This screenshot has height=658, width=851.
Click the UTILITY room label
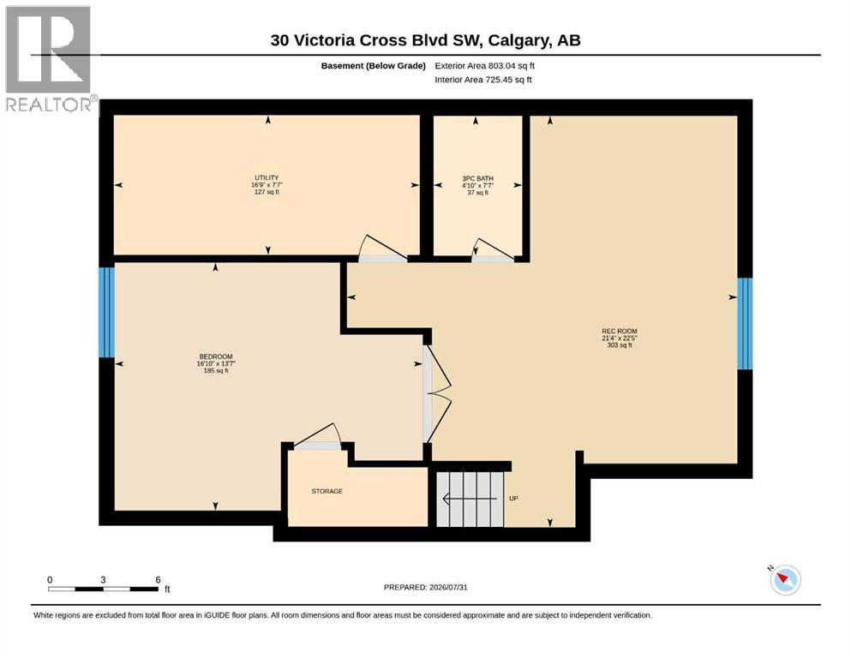coord(267,178)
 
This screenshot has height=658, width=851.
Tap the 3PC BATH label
coord(477,178)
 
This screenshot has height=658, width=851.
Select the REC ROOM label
coord(620,331)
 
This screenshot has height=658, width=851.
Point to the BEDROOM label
coord(215,357)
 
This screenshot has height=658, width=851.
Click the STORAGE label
coord(327,491)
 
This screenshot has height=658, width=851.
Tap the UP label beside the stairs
coord(513,498)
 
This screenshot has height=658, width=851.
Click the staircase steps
coord(470,499)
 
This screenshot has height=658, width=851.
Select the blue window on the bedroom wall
coord(107,312)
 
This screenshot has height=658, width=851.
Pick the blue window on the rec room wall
coord(745,323)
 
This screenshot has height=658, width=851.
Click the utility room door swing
coord(382,248)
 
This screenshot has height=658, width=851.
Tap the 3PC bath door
coord(492,250)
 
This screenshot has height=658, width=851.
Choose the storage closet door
coord(317,437)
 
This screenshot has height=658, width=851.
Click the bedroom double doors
coord(437,394)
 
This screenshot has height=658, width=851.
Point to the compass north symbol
coord(785,579)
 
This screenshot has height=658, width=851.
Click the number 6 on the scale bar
coord(158,580)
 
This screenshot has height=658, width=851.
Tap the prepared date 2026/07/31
coord(448,587)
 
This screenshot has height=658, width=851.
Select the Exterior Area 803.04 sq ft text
coord(485,66)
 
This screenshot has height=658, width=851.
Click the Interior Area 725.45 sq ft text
coord(483,80)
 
